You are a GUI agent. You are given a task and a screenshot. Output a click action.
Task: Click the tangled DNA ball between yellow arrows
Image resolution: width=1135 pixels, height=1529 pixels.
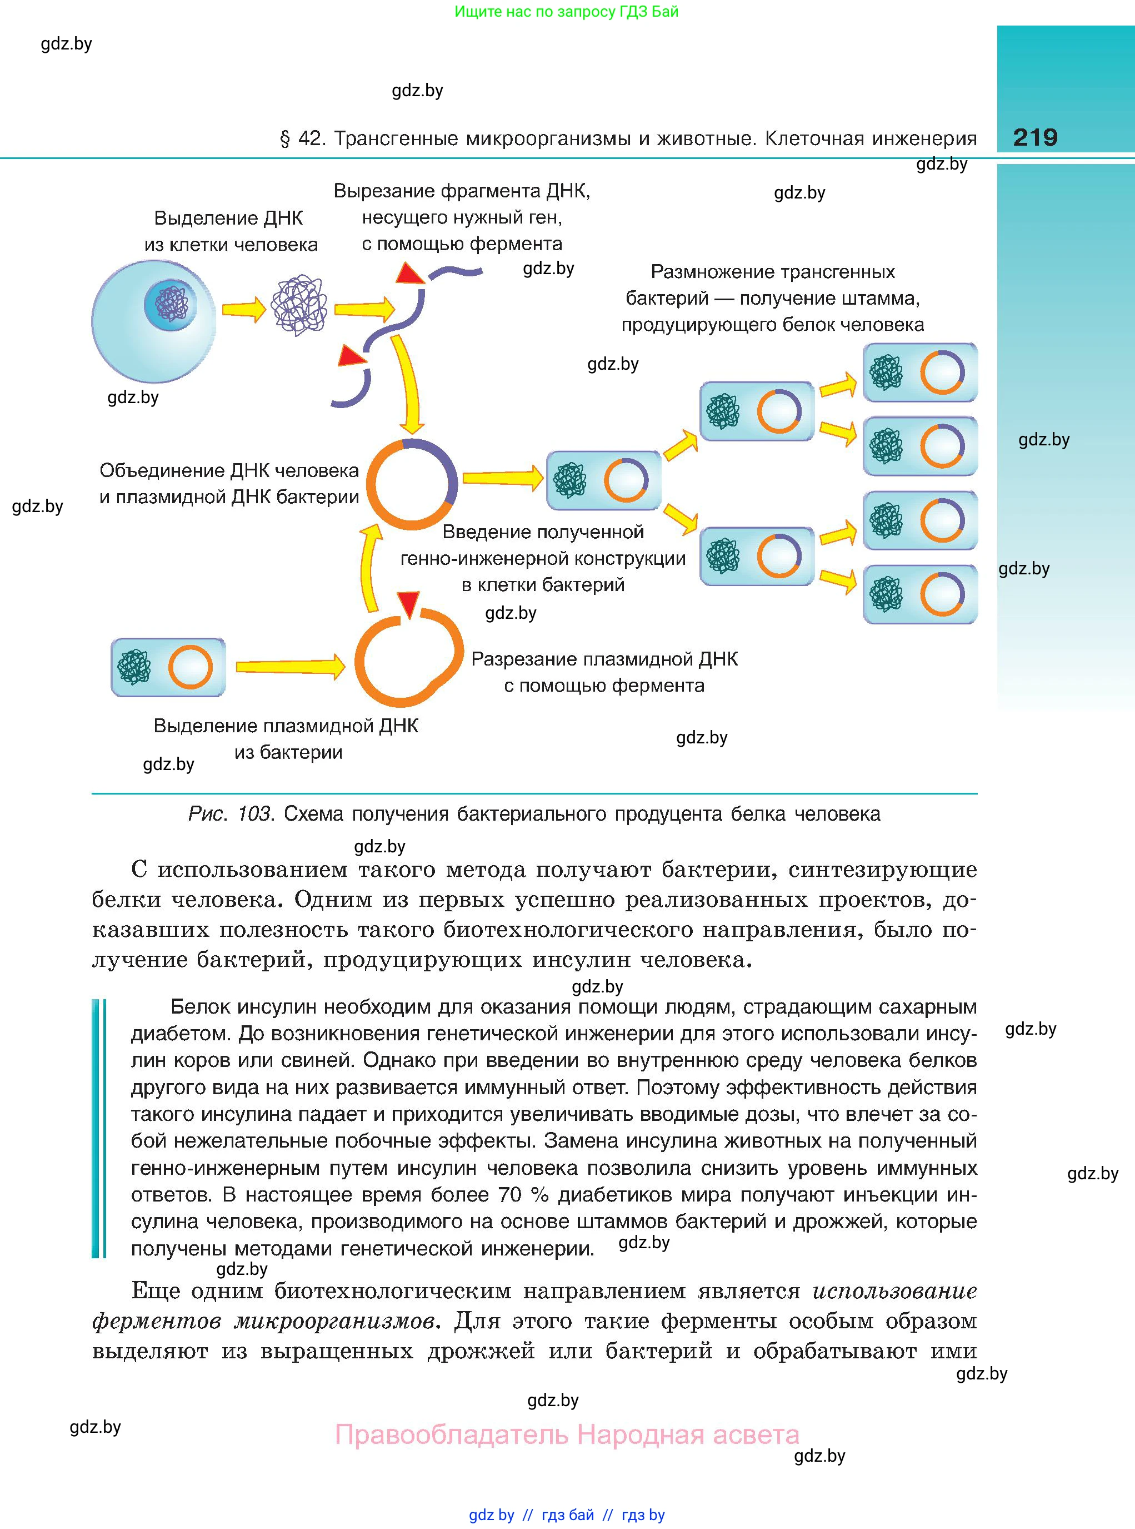298,306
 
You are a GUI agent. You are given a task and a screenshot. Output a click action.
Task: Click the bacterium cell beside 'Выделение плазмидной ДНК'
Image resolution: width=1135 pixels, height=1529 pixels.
168,667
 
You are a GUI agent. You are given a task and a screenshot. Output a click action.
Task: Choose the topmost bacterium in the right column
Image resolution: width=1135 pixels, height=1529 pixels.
920,373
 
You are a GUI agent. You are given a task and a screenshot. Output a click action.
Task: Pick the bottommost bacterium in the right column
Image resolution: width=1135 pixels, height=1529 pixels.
920,594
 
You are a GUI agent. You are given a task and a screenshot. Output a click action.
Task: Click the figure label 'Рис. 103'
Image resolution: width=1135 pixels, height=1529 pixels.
230,814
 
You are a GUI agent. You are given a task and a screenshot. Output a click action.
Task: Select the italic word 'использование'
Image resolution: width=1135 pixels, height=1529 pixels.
894,1290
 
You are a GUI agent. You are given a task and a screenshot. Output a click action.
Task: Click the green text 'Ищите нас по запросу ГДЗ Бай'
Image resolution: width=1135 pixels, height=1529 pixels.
566,12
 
